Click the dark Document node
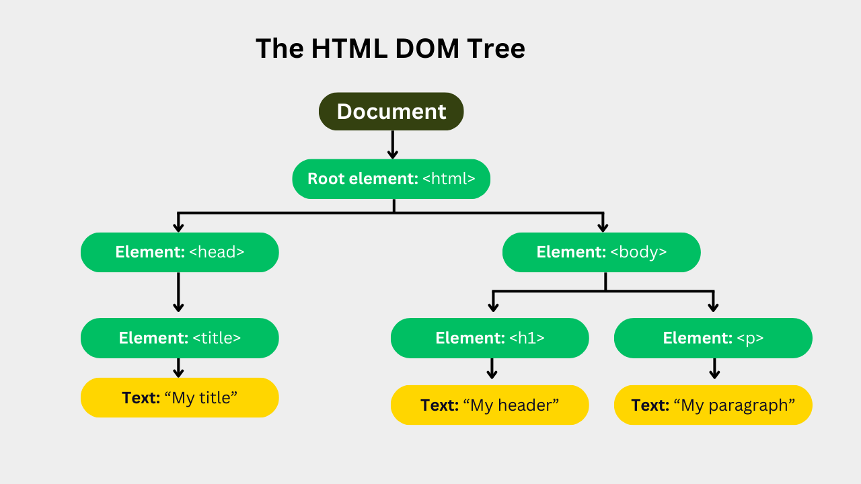(391, 112)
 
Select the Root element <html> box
(391, 179)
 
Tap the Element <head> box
(180, 252)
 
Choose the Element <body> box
(601, 252)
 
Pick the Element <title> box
(180, 338)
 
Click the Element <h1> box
(490, 338)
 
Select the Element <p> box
(713, 338)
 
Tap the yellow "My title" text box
(180, 397)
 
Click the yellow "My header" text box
(490, 405)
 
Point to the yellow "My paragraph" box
(713, 405)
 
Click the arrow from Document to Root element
(393, 145)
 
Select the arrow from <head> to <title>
(178, 292)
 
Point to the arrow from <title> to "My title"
(178, 368)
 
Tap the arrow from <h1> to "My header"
(492, 369)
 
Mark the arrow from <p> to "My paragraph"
(714, 369)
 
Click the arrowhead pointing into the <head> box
(178, 227)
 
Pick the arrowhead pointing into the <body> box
(603, 227)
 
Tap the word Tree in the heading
(495, 49)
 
